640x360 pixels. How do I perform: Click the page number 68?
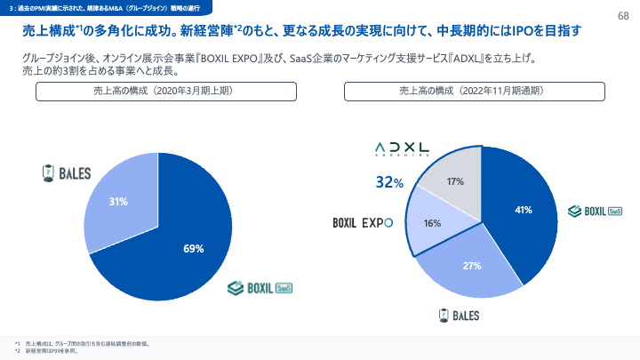click(622, 16)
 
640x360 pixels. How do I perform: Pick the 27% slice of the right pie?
click(471, 265)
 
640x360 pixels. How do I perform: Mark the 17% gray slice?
click(455, 181)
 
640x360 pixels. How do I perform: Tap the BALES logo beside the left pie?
click(68, 172)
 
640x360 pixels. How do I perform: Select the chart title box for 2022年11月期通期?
click(476, 91)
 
